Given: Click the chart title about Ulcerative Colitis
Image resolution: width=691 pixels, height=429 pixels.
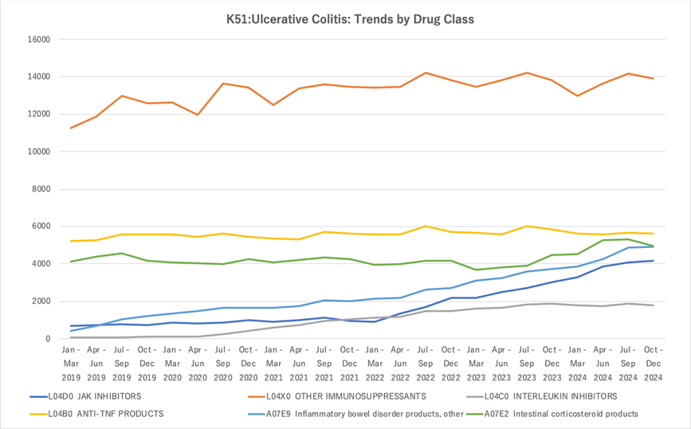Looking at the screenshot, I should (x=350, y=19).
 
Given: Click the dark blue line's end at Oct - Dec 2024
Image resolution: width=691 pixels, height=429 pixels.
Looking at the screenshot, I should (x=652, y=261).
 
